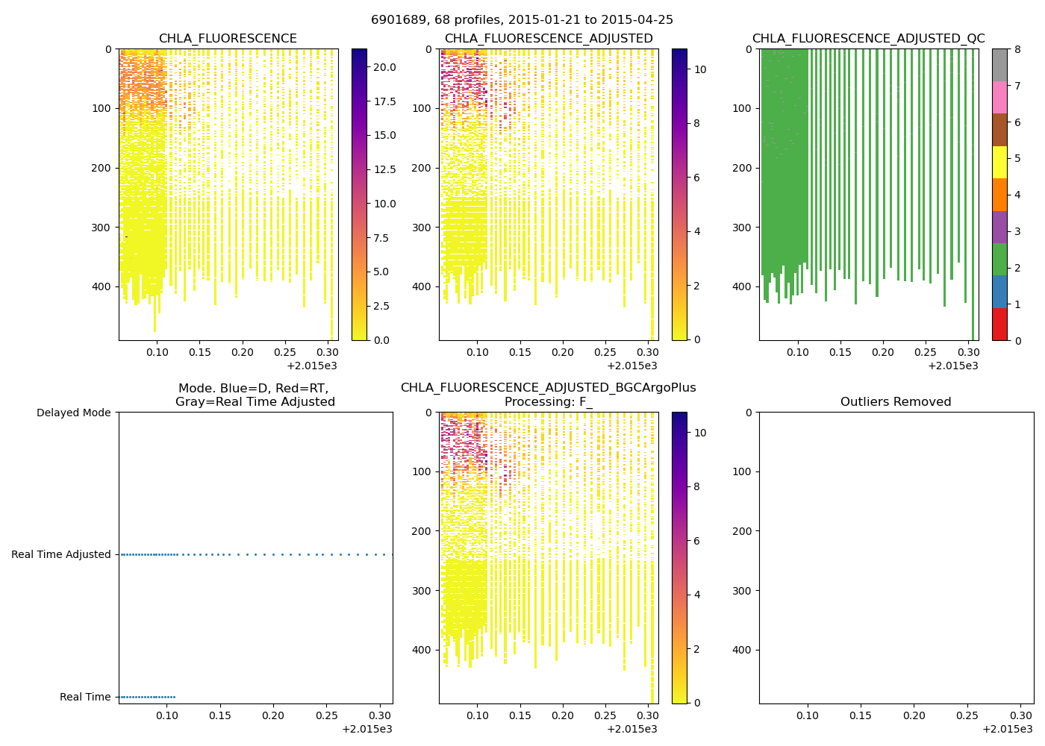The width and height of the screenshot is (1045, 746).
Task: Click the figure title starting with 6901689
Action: pyautogui.click(x=522, y=20)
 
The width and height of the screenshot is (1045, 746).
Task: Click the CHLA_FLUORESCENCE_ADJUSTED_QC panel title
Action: pyautogui.click(x=868, y=39)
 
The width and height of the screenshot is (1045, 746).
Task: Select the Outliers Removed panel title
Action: pyautogui.click(x=896, y=402)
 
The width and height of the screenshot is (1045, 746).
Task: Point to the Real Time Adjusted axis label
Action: pyautogui.click(x=61, y=554)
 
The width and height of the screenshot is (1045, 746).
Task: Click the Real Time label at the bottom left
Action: pyautogui.click(x=85, y=697)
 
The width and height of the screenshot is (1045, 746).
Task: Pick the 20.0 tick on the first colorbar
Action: pyautogui.click(x=384, y=67)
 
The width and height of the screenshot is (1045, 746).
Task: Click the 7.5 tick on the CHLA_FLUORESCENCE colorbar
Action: pyautogui.click(x=384, y=238)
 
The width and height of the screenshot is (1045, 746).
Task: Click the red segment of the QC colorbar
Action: pyautogui.click(x=999, y=325)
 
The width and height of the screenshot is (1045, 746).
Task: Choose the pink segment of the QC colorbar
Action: pyautogui.click(x=999, y=98)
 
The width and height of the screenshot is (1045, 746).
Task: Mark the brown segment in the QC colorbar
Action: pyautogui.click(x=999, y=130)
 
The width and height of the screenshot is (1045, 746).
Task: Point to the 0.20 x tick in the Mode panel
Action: pyautogui.click(x=273, y=715)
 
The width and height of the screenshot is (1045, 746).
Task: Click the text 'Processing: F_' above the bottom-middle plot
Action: pyautogui.click(x=548, y=402)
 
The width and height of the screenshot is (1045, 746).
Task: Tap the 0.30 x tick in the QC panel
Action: pyautogui.click(x=968, y=352)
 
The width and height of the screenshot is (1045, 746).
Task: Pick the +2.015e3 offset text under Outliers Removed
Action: pyautogui.click(x=1007, y=729)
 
